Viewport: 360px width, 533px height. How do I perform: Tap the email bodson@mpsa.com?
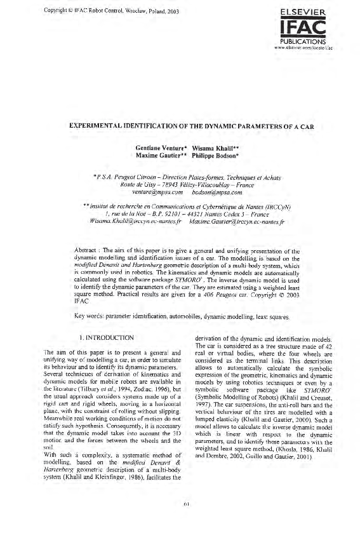[x=210, y=191]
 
